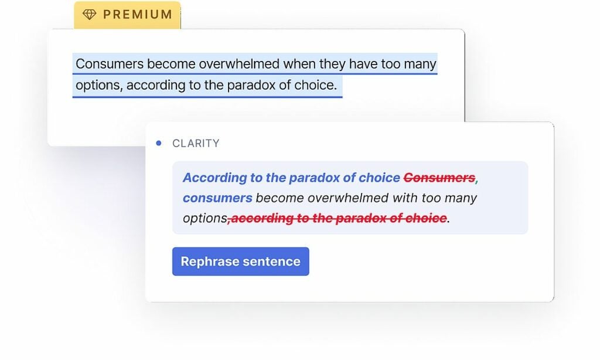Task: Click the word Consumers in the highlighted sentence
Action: [x=110, y=64]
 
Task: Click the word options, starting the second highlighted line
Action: [x=99, y=86]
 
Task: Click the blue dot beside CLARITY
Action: [x=159, y=143]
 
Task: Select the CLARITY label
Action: [x=196, y=144]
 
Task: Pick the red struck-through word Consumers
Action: [x=439, y=178]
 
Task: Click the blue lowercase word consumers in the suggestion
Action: [x=217, y=198]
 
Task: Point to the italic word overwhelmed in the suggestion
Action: [x=348, y=198]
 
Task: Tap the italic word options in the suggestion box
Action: [x=204, y=219]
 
